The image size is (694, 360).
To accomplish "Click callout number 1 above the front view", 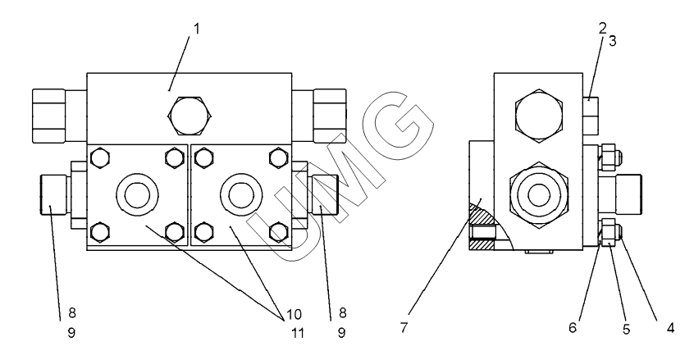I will click(x=195, y=28).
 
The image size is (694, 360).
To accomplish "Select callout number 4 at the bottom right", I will click(x=669, y=326).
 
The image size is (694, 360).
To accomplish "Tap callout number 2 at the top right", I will click(x=602, y=28).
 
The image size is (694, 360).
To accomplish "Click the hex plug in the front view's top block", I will click(x=190, y=112).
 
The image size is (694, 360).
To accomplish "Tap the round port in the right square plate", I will click(x=241, y=194).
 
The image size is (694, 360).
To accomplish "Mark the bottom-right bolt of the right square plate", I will click(x=278, y=232).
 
